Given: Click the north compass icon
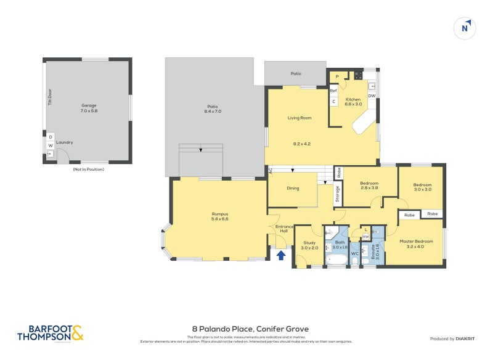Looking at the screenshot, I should pos(465,28).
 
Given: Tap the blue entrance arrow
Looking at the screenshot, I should pos(281,255).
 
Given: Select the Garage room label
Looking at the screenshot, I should pos(89,105).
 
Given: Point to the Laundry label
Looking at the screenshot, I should pos(65,142).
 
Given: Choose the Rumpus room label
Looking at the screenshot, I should pos(220,215).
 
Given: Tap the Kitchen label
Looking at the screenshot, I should pos(353,100).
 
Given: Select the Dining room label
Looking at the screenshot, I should pos(292,188).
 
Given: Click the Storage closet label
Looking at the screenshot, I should pos(338,194).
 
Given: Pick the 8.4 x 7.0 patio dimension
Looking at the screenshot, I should pos(212,111).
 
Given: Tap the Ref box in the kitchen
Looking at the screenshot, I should pos(333,91).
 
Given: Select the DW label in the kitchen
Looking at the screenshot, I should pos(372,96).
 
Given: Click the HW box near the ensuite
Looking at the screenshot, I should pos(365,237).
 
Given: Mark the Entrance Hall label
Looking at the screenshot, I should pos(285,230).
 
